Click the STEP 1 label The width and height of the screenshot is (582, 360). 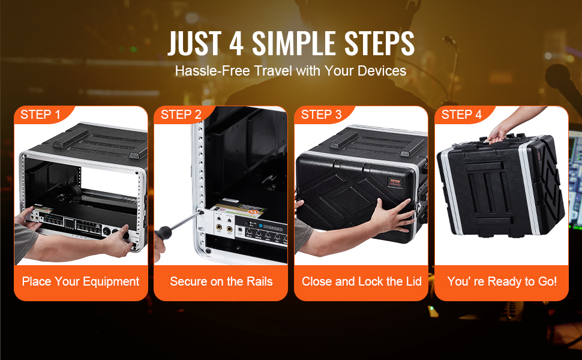coord(40,115)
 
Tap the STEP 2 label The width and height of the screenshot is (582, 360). coord(181,115)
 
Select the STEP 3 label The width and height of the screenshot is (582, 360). coord(321,115)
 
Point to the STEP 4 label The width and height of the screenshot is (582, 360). coord(461,115)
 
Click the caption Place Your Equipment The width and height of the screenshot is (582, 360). coord(80,281)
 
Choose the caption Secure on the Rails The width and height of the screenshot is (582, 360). coord(221,281)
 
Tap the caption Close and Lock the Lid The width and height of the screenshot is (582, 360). coord(362,281)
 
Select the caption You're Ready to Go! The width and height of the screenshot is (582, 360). coord(502,281)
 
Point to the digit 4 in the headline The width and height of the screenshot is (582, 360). coord(236,43)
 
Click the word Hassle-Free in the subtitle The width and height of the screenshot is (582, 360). coord(212,71)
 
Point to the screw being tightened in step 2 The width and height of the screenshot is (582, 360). coord(202,212)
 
